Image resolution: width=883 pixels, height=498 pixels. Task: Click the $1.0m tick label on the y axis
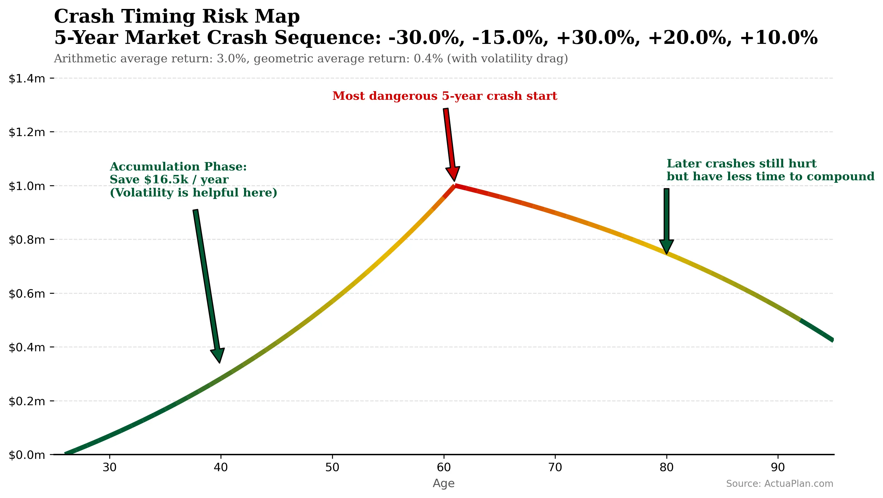pos(27,186)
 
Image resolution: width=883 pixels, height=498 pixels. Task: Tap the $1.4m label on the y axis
pos(27,79)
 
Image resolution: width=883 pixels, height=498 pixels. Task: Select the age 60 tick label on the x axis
pos(444,467)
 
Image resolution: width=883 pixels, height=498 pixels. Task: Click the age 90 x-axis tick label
pos(778,467)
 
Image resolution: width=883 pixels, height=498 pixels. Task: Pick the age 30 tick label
pos(109,467)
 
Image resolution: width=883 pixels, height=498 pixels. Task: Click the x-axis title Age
pos(444,483)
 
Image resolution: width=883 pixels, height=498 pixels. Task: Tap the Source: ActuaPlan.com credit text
pos(780,483)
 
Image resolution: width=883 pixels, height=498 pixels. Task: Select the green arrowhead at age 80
pos(666,246)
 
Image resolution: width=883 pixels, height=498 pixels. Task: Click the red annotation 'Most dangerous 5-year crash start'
pos(445,96)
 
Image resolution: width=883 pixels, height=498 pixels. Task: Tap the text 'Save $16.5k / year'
pos(169,180)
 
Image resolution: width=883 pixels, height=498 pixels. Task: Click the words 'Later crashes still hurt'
pos(742,164)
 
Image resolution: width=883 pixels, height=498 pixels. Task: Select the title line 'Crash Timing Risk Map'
pos(177,16)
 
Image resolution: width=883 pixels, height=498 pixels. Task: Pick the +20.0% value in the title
pos(690,38)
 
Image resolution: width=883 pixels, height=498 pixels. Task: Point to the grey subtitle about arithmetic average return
pos(311,59)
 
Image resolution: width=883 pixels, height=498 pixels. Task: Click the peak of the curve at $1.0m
pos(454,186)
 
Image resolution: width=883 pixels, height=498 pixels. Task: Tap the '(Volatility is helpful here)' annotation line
pos(193,193)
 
